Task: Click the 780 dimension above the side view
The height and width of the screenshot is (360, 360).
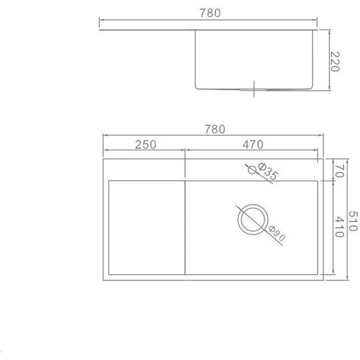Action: [210, 13]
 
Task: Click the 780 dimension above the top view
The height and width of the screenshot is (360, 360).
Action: [215, 129]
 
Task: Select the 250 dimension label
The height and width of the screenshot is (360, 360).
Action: [145, 145]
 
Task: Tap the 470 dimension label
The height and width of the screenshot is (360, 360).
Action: [253, 145]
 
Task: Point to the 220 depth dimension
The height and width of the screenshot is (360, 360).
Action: [335, 61]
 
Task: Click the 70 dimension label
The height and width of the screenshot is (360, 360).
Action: [339, 171]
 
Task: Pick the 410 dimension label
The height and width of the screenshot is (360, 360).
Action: [339, 227]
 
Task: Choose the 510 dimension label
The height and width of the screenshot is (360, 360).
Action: [353, 221]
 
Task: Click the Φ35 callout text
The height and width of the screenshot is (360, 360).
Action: [268, 171]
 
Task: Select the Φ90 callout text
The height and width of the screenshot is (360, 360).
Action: [277, 234]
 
